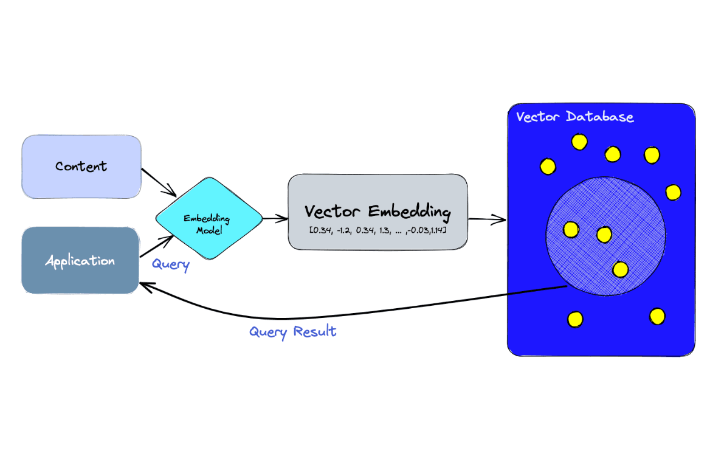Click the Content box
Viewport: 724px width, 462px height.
coord(81,167)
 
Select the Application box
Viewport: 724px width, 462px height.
coord(80,261)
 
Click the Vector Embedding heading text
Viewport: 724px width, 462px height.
coord(378,212)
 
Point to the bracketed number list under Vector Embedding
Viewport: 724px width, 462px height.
coord(378,230)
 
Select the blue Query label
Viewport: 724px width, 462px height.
coord(170,264)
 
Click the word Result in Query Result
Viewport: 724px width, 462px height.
coord(314,332)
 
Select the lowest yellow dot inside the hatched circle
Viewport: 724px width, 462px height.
coord(620,269)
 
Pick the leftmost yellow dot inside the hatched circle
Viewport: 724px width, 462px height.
coord(571,229)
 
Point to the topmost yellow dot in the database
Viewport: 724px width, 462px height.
coord(579,142)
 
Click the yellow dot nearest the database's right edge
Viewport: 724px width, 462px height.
coord(673,192)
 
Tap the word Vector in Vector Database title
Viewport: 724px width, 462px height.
coord(537,116)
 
